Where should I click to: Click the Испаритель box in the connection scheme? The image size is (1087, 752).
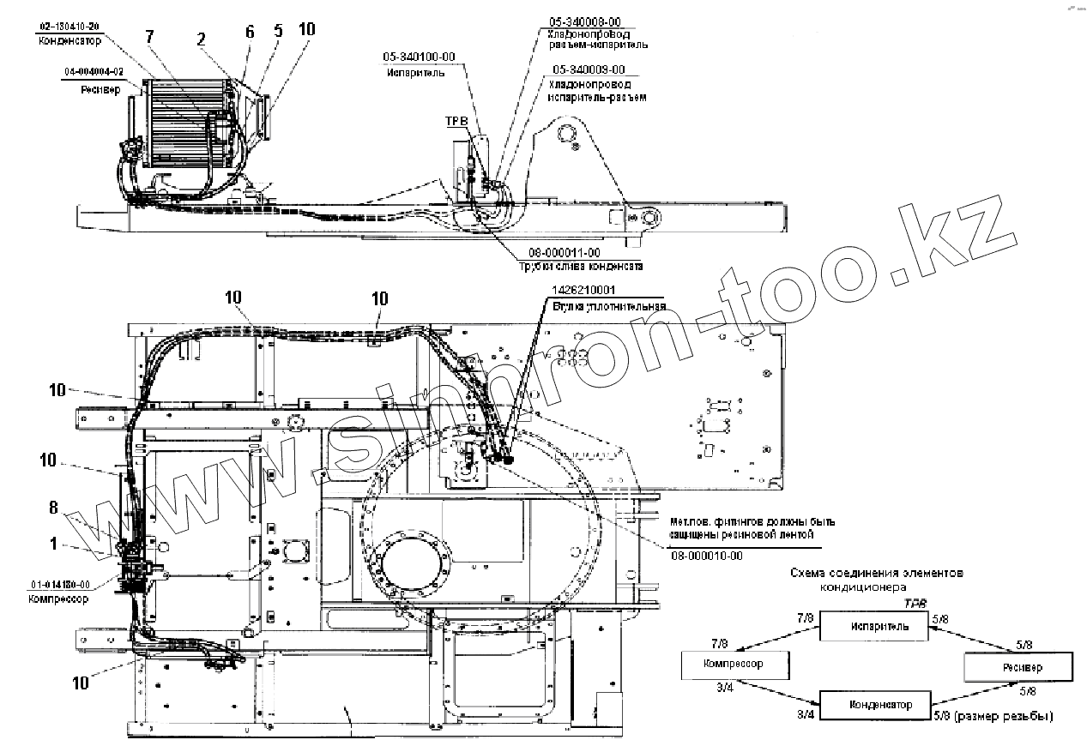coord(876,627)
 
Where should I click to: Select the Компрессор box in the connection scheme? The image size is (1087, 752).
coord(734,664)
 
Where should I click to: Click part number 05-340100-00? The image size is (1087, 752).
coord(419,57)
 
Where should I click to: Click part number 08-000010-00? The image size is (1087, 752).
coord(707,555)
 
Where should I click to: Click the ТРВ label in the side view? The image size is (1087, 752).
coord(456,122)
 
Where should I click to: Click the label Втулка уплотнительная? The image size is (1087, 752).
coord(609,305)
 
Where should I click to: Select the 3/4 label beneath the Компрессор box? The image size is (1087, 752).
coord(727,687)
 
